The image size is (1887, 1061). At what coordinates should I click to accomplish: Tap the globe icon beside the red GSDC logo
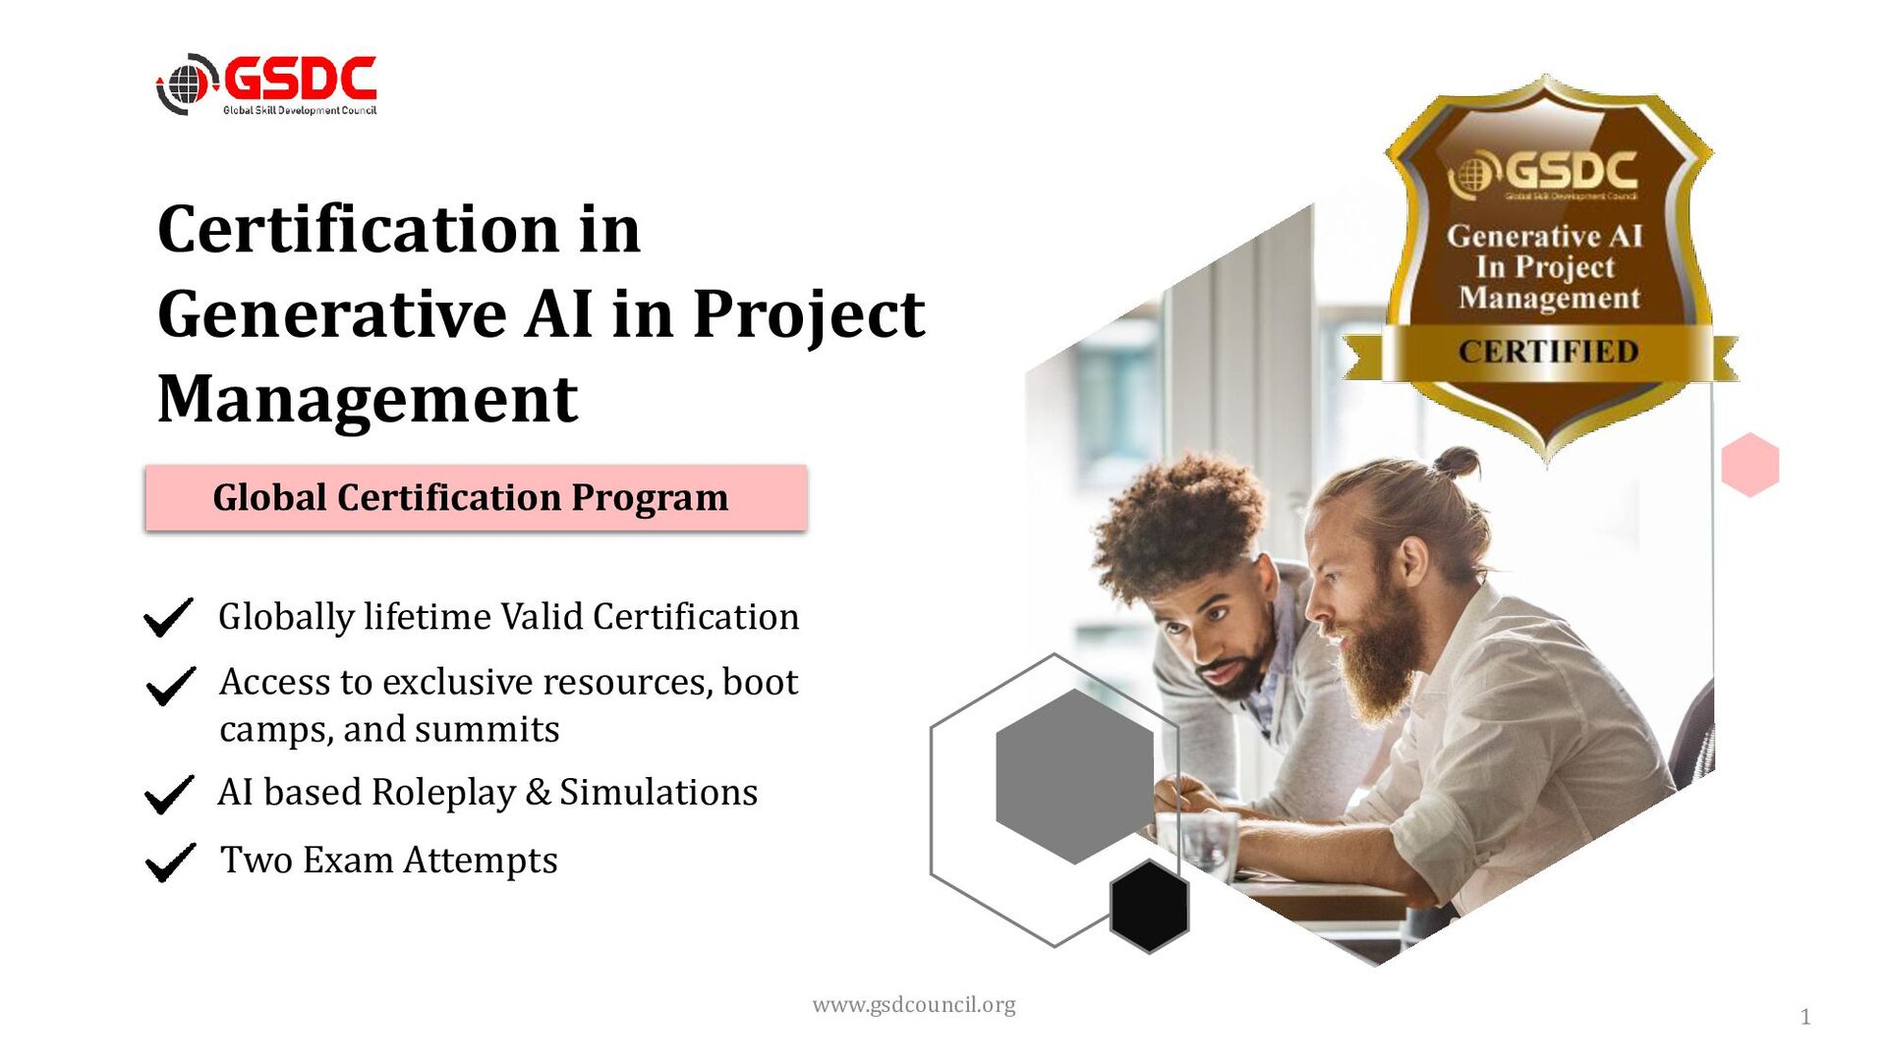pyautogui.click(x=185, y=84)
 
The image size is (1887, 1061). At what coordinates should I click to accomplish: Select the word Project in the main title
pyautogui.click(x=808, y=315)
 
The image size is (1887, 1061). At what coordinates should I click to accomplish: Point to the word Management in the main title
pyautogui.click(x=368, y=400)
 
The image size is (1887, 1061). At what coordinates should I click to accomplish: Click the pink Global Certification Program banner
pyautogui.click(x=476, y=498)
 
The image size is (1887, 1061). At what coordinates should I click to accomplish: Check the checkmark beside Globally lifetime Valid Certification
pyautogui.click(x=168, y=617)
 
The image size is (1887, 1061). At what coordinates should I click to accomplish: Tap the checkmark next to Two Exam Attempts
pyautogui.click(x=169, y=862)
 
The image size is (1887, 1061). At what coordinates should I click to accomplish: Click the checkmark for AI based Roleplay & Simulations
pyautogui.click(x=168, y=794)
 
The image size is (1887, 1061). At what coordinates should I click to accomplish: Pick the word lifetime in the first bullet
pyautogui.click(x=427, y=617)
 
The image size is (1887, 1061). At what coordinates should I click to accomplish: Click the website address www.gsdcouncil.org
pyautogui.click(x=913, y=1005)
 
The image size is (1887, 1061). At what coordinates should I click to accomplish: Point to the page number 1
pyautogui.click(x=1804, y=1017)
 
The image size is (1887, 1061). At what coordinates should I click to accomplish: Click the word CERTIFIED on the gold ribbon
pyautogui.click(x=1548, y=352)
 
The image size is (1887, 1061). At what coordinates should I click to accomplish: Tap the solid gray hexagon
pyautogui.click(x=1074, y=776)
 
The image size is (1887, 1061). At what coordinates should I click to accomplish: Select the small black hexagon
pyautogui.click(x=1149, y=906)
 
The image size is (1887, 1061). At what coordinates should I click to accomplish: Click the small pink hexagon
pyautogui.click(x=1750, y=465)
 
